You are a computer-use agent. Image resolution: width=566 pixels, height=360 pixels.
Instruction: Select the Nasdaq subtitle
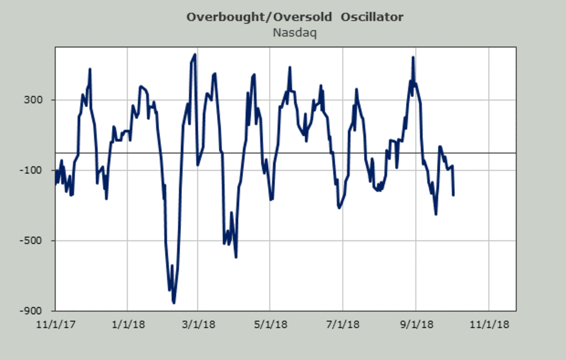point(294,33)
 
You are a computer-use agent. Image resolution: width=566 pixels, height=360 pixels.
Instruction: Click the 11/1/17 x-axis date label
point(56,325)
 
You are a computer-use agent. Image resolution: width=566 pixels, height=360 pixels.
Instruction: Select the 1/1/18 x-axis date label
point(128,325)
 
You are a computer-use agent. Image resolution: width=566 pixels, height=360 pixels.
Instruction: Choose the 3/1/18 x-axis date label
point(197,325)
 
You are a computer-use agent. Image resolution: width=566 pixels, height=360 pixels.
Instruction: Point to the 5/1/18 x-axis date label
point(270,325)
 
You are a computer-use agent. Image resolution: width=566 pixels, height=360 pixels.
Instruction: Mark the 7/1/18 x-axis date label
point(343,325)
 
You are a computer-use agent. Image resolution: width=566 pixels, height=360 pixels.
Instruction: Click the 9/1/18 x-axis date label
point(416,325)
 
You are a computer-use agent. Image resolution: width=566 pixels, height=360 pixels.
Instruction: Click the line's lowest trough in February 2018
point(174,302)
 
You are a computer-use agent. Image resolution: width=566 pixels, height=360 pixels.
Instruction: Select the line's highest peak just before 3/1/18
point(195,55)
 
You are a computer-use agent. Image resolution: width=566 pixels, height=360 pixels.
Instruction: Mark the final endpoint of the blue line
point(453,195)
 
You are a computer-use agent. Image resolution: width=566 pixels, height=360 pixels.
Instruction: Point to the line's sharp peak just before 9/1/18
point(413,58)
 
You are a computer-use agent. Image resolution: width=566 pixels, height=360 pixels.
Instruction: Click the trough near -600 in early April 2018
point(236,257)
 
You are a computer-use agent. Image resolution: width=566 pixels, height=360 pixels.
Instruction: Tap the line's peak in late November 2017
point(90,69)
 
